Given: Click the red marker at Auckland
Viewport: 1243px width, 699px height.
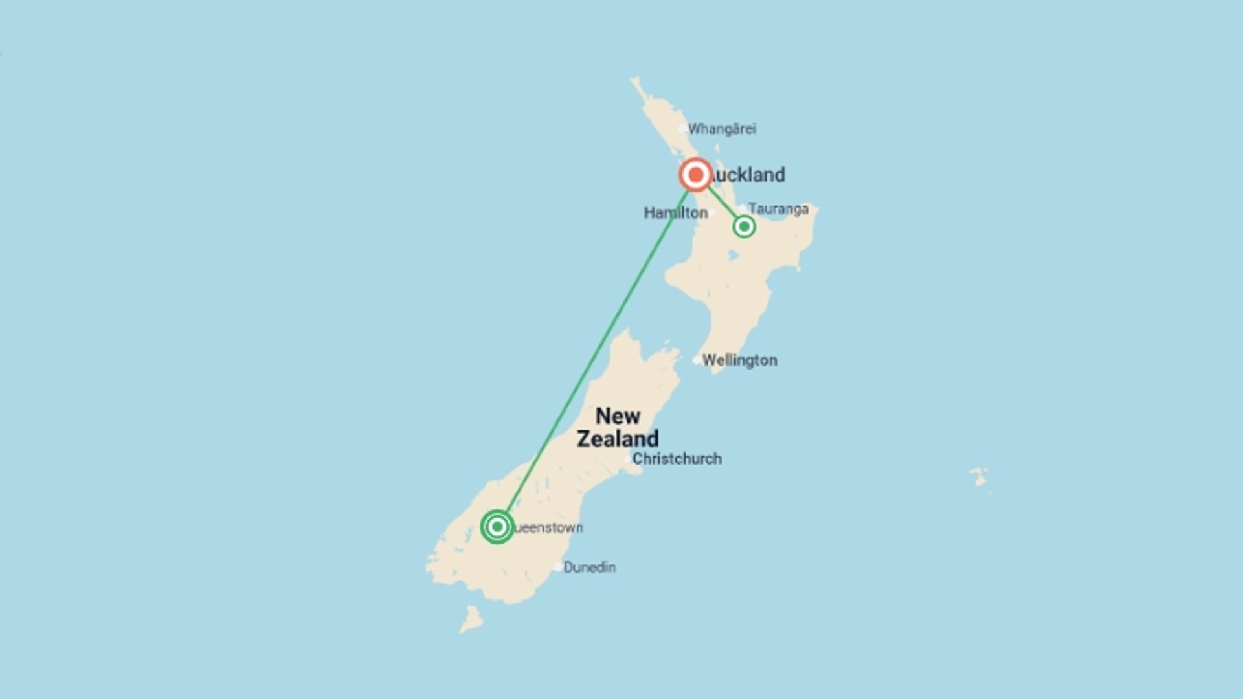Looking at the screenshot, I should (x=695, y=175).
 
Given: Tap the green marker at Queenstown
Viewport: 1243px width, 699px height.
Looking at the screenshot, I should (x=497, y=527).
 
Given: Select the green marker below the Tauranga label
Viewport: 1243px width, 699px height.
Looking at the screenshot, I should (x=744, y=227).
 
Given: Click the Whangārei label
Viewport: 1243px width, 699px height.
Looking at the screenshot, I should (x=722, y=129).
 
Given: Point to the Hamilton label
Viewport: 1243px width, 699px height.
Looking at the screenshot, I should (x=675, y=213).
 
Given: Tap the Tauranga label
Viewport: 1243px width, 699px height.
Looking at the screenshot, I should (x=778, y=209).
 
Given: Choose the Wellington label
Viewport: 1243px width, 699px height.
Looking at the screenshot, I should (x=739, y=361).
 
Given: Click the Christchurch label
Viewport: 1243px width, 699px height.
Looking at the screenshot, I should (x=677, y=459).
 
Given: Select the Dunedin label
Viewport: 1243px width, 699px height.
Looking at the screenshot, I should (x=589, y=568).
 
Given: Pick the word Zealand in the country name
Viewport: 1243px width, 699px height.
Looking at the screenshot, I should (x=618, y=439).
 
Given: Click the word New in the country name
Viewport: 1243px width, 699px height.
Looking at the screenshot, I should (x=618, y=416).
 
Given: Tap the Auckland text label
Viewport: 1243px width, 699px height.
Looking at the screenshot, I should (x=748, y=175).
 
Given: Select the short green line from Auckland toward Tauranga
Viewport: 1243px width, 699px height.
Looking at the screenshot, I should (x=722, y=203).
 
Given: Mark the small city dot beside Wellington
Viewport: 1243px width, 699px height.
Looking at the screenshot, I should (x=697, y=361).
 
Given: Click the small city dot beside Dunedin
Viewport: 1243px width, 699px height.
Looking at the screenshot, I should (x=558, y=568).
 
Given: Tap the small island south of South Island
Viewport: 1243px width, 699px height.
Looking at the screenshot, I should (x=471, y=620).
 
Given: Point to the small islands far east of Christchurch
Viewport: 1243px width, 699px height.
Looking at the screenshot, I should (x=980, y=478).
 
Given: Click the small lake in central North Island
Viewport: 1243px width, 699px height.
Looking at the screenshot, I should (x=733, y=255).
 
